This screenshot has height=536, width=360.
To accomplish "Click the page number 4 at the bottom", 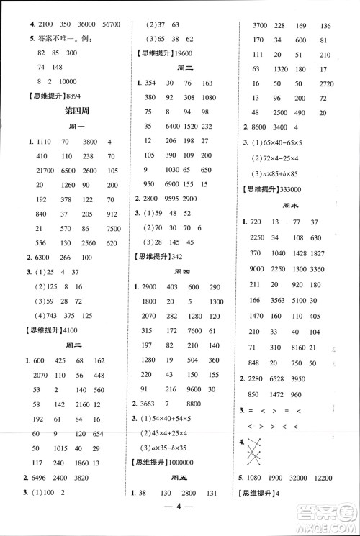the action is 180,517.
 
